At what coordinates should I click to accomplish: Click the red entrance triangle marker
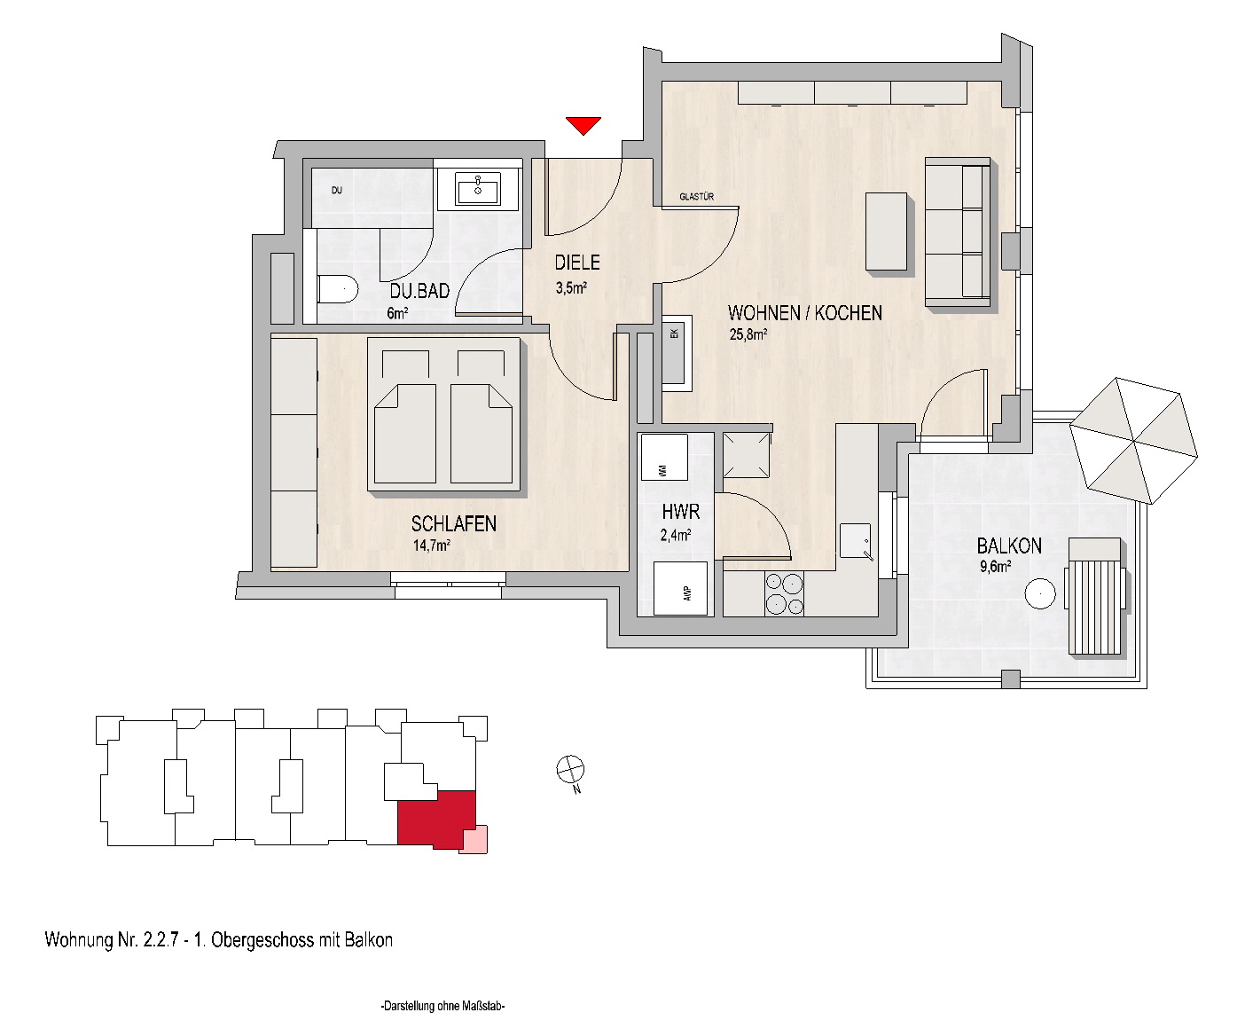tap(583, 125)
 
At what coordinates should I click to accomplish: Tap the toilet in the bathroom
tap(338, 290)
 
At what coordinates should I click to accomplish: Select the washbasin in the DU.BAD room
tap(478, 188)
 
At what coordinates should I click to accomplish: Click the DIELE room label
tap(577, 263)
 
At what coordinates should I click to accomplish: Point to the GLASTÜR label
tap(696, 196)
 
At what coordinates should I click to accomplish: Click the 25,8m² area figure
tap(748, 334)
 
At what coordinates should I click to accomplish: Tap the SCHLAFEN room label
tap(454, 523)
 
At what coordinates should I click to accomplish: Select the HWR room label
tap(680, 512)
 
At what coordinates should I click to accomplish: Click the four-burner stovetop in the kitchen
tap(784, 593)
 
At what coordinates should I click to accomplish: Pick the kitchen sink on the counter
tap(856, 540)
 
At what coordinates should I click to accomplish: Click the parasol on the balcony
tap(1133, 441)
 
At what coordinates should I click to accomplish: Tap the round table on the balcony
tap(1040, 593)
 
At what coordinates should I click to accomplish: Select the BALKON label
tap(1009, 545)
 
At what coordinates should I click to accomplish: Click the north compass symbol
tap(571, 769)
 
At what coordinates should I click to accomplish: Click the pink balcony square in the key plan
tap(474, 839)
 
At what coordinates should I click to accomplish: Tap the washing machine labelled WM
tap(664, 457)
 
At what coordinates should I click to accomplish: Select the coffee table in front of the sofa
tap(886, 232)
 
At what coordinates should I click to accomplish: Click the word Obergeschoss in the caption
tap(262, 940)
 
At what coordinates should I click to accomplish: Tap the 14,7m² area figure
tap(431, 545)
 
